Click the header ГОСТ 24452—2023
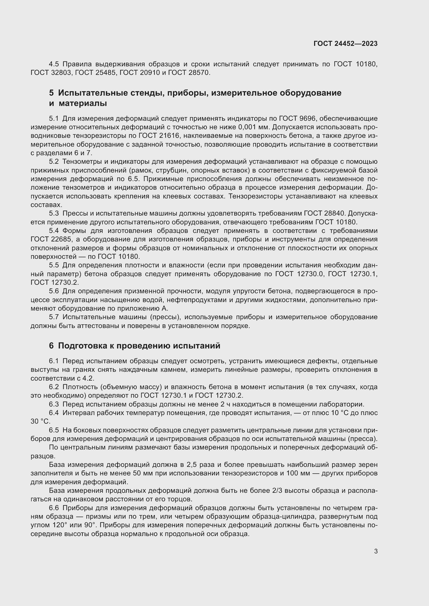(345, 44)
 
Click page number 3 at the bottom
(376, 551)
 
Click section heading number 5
(51, 93)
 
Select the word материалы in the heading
(83, 103)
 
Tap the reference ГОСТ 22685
(49, 239)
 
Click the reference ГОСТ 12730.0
(299, 274)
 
